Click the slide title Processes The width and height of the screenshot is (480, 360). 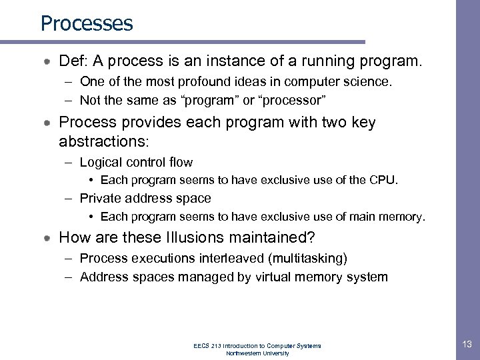click(x=87, y=23)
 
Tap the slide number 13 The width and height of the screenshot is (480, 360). click(x=466, y=344)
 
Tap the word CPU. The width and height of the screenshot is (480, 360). click(x=384, y=180)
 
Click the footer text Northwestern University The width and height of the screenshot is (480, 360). click(x=257, y=353)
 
